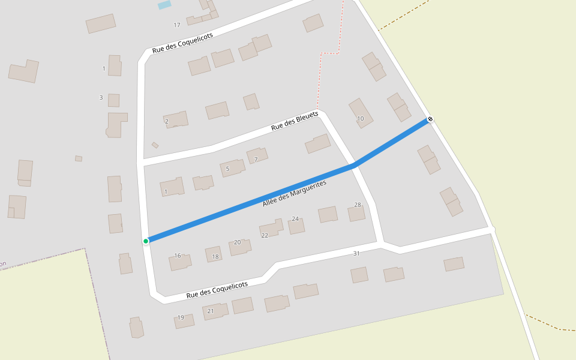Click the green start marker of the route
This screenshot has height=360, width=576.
pyautogui.click(x=146, y=241)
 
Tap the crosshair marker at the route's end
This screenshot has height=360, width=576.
pyautogui.click(x=430, y=119)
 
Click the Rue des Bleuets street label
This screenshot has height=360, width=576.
pyautogui.click(x=295, y=121)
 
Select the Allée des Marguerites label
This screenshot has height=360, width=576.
pyautogui.click(x=294, y=194)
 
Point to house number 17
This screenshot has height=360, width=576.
pyautogui.click(x=177, y=25)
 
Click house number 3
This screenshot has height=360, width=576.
pyautogui.click(x=101, y=97)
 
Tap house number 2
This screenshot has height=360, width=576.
pyautogui.click(x=167, y=121)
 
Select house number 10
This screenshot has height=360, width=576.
pyautogui.click(x=361, y=119)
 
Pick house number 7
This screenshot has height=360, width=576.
pyautogui.click(x=256, y=160)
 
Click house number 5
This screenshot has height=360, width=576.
pyautogui.click(x=227, y=169)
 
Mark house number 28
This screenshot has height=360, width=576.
pyautogui.click(x=358, y=205)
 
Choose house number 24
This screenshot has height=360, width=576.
pyautogui.click(x=295, y=219)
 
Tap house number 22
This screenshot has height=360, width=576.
pyautogui.click(x=265, y=236)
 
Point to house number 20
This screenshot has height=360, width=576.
pyautogui.click(x=237, y=242)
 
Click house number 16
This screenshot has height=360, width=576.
pyautogui.click(x=178, y=256)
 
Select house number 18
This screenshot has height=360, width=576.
pyautogui.click(x=215, y=257)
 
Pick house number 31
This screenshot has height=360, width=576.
pyautogui.click(x=356, y=254)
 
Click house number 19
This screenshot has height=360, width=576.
pyautogui.click(x=181, y=317)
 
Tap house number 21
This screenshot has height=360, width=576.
pyautogui.click(x=211, y=311)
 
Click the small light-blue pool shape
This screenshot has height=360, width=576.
pyautogui.click(x=164, y=5)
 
